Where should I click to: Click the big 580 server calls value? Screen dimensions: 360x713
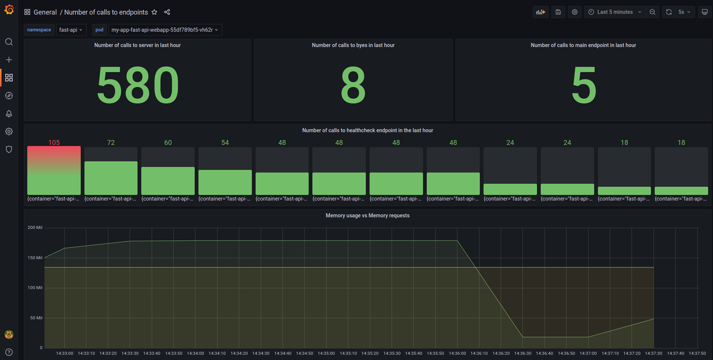point(138,85)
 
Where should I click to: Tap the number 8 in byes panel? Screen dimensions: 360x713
point(353,85)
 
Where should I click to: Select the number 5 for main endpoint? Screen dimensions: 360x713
point(584,85)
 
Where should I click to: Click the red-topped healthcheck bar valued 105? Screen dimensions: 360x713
point(54,170)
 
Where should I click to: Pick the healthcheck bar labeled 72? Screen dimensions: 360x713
point(111,177)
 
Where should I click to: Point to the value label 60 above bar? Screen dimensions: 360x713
point(168,143)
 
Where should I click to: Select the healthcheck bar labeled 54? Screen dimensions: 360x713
point(225,182)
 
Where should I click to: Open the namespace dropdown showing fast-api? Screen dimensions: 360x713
point(71,30)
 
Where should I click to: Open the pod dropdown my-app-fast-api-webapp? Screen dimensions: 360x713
point(165,30)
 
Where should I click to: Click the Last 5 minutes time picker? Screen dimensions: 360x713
point(615,12)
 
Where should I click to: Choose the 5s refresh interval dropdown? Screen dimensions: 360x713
point(684,12)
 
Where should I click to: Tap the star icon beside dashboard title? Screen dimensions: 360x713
point(154,12)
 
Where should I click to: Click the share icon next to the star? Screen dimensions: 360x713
point(167,12)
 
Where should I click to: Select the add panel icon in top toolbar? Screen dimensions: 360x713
point(540,12)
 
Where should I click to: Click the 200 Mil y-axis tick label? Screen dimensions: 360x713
point(35,227)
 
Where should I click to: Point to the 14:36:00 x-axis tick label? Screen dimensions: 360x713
point(457,353)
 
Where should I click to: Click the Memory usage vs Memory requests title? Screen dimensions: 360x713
point(367,215)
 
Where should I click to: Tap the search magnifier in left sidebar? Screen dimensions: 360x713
point(9,42)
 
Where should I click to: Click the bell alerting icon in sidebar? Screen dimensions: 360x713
point(9,114)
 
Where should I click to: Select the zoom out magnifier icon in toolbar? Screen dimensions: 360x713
point(652,12)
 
